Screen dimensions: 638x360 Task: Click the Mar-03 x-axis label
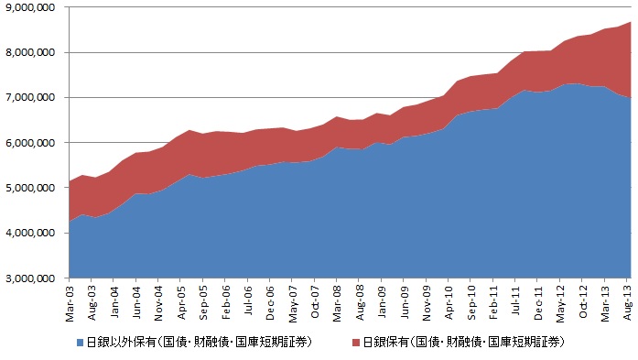coord(70,303)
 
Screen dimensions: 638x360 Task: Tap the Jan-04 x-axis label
coord(114,302)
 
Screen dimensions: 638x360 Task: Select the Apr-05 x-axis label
coord(181,302)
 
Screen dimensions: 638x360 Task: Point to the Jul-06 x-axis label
coord(248,300)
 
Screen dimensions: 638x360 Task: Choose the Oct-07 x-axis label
coord(315,301)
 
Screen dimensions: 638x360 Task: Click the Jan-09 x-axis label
coord(382,301)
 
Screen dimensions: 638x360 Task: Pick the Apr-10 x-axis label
coord(449,302)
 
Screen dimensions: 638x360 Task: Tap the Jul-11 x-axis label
coord(515,300)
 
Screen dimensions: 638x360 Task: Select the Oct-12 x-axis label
coord(582,301)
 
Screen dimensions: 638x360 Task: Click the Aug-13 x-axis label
coord(627,303)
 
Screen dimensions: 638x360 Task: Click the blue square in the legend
coord(80,343)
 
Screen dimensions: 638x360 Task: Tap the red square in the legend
coord(356,343)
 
